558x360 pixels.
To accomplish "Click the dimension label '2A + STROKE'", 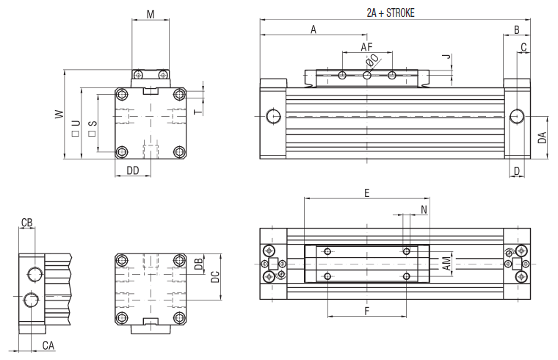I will coord(391,12).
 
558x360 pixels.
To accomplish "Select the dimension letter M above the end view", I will coord(151,14).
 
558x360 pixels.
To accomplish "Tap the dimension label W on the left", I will coord(57,114).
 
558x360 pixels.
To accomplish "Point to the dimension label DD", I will coord(133,170).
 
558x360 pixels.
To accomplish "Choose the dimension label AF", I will coord(366,47).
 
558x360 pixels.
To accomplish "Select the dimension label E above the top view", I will coord(366,192).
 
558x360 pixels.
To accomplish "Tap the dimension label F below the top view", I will coord(366,311).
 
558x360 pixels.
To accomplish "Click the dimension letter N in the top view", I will coord(424,209).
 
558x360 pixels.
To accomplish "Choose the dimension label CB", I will coord(26,223).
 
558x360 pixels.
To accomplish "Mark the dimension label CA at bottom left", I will coord(48,345).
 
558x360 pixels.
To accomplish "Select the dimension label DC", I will coord(215,276).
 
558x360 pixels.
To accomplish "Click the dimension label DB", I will coord(198,264).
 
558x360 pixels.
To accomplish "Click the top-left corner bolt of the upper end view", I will coord(122,95).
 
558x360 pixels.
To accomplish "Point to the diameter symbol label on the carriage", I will coord(372,60).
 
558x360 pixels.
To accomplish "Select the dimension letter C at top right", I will coord(523,48).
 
